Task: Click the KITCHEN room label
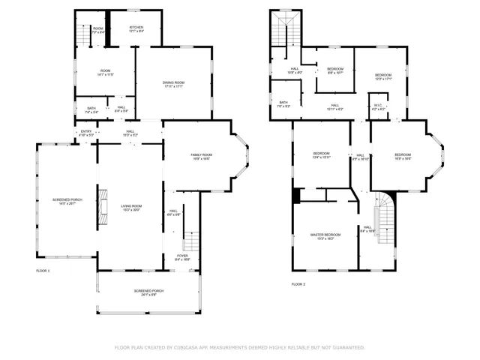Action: (x=136, y=28)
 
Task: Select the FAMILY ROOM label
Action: (x=200, y=154)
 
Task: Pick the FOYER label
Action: (x=182, y=256)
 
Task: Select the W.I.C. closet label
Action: (x=379, y=106)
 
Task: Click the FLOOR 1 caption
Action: (x=43, y=270)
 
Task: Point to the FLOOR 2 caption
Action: (x=298, y=284)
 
